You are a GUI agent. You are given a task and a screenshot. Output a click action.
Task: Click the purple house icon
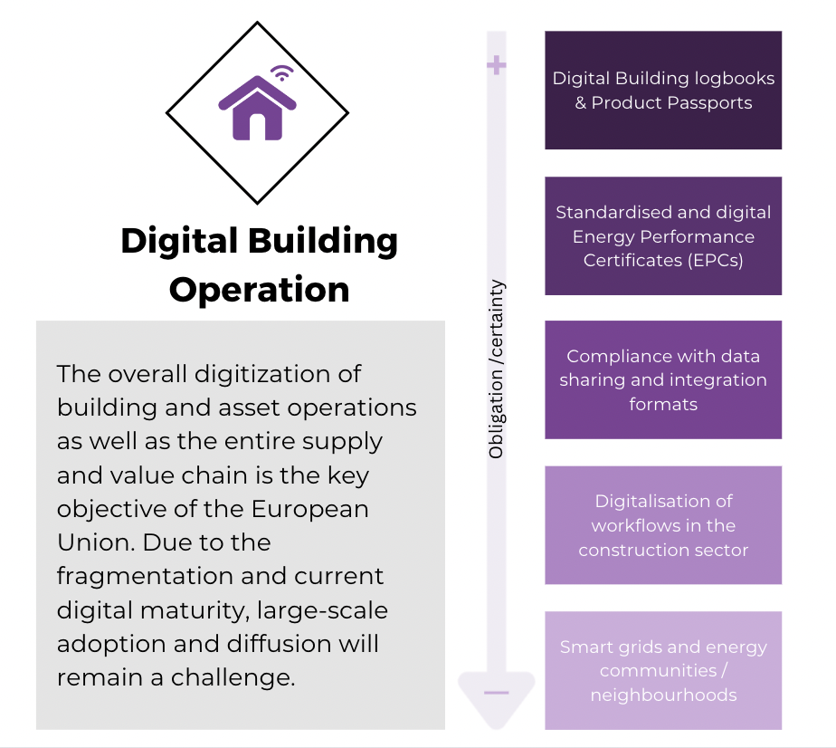pos(258,110)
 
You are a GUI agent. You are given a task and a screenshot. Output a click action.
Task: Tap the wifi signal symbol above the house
pos(282,72)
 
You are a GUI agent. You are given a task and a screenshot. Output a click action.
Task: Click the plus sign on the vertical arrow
pos(497,65)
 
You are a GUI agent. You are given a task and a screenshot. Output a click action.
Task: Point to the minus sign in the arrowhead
pos(497,693)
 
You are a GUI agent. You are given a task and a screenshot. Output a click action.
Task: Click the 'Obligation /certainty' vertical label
pos(497,369)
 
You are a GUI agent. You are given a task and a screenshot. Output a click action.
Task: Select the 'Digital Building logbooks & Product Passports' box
pos(663,91)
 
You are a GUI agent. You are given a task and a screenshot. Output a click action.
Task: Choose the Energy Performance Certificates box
pos(663,235)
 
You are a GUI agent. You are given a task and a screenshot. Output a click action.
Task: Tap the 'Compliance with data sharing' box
pos(663,379)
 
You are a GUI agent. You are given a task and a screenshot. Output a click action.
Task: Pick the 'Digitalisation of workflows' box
pos(663,525)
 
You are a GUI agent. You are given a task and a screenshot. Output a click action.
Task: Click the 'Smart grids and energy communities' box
pos(663,671)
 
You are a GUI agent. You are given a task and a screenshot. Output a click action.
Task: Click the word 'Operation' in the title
pos(259,291)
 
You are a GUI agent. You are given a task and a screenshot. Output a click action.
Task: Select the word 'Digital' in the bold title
pos(179,242)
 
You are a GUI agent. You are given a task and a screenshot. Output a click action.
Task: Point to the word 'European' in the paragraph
pos(309,509)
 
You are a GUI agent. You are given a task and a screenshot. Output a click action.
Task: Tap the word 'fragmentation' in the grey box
pos(145,577)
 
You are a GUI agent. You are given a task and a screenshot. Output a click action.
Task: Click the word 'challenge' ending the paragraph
pos(233,678)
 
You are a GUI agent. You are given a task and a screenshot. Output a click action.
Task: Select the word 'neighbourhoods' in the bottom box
pos(663,695)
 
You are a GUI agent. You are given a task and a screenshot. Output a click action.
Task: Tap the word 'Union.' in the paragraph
pos(96,542)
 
